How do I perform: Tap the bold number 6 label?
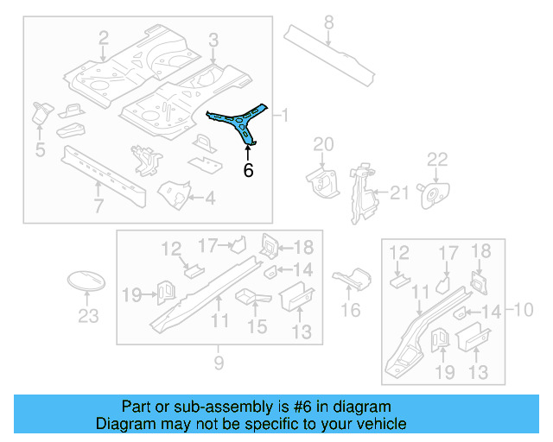click(248, 170)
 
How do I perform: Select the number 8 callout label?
click(328, 22)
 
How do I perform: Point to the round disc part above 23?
click(86, 282)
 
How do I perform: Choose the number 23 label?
click(88, 316)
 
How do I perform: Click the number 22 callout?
click(438, 159)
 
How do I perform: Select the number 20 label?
click(323, 143)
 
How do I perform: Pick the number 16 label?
click(351, 309)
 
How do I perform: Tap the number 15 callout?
click(257, 326)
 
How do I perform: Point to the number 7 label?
click(99, 205)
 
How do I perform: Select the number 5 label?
click(39, 152)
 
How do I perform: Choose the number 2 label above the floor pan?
click(103, 37)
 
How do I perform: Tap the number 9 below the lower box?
click(219, 363)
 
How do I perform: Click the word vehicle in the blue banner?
click(378, 424)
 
